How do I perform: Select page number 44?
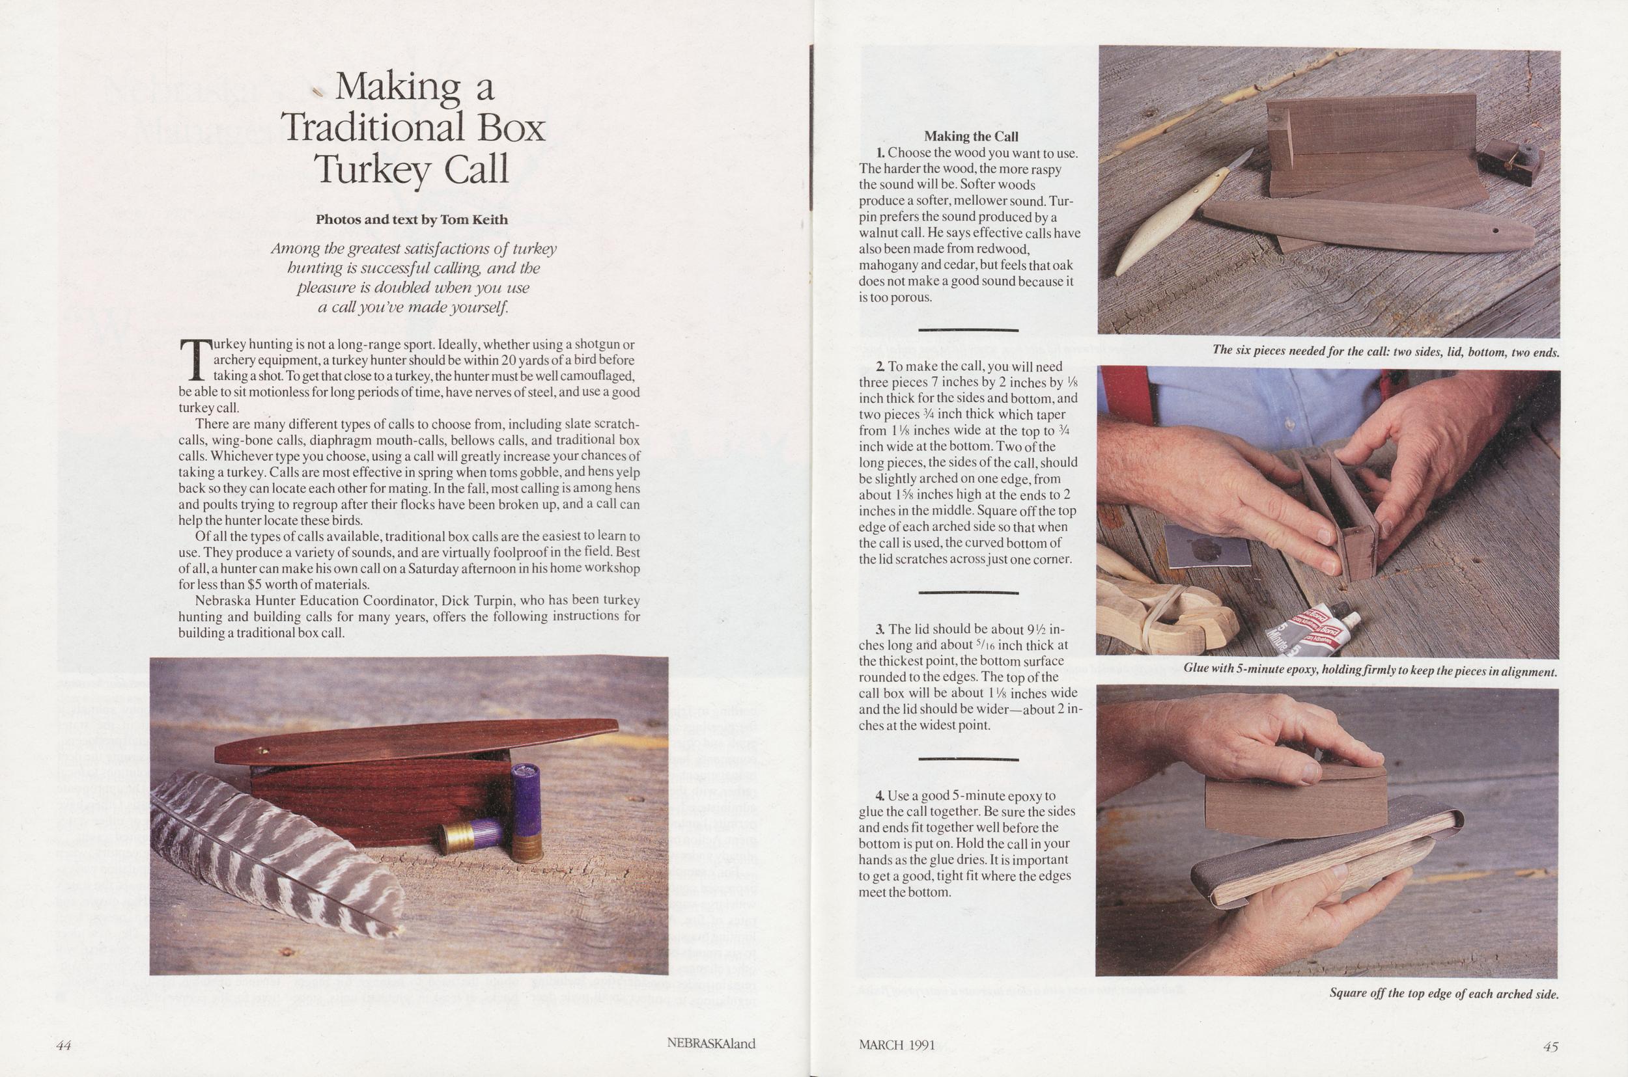(64, 1045)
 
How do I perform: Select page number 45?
(1551, 1046)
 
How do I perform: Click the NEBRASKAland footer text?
(711, 1043)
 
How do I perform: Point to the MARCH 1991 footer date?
(897, 1044)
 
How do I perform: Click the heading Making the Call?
(971, 136)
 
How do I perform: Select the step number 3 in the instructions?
(880, 629)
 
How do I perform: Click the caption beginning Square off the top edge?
(1443, 994)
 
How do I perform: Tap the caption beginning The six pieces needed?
(1385, 350)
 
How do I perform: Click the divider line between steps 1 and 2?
(968, 331)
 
